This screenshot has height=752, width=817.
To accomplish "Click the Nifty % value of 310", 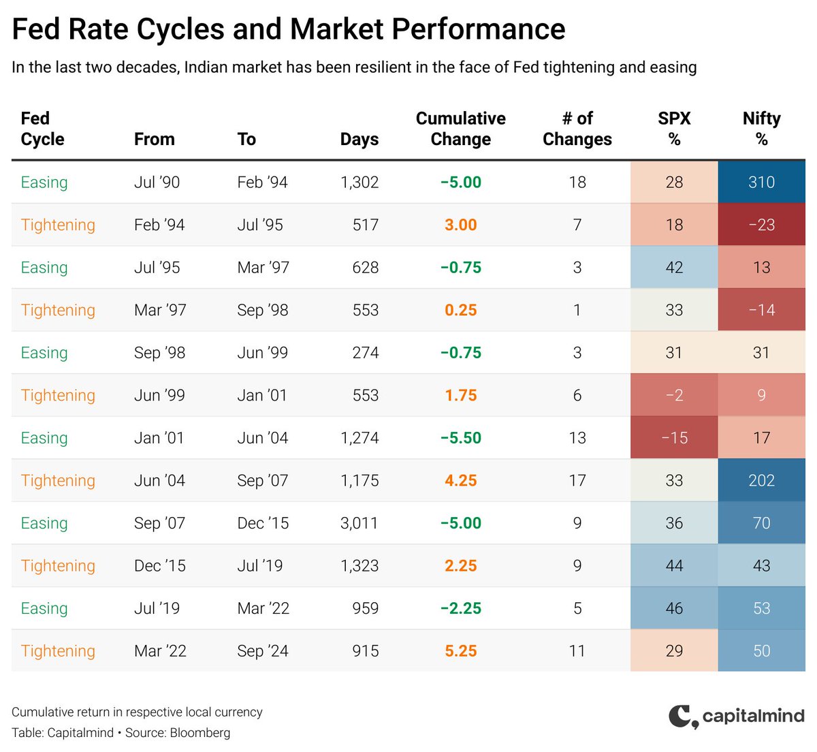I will (761, 182).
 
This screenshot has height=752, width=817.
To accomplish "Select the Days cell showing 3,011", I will (359, 523).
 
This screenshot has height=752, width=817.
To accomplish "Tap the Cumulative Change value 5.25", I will (460, 651).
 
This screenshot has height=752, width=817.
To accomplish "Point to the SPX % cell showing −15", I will (674, 438).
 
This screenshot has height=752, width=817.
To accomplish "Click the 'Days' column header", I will (359, 139).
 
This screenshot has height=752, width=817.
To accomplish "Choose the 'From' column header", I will (154, 139).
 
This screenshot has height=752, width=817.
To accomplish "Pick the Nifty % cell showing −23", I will (761, 225).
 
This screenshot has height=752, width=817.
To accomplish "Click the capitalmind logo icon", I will (683, 717).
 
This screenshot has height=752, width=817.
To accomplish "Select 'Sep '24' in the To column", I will (263, 651).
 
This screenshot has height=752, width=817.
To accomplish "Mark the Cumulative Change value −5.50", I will (460, 438).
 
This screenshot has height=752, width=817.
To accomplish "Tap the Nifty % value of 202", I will (761, 480).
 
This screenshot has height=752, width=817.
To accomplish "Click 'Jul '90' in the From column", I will (157, 182).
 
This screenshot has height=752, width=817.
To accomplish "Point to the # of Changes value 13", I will (577, 438).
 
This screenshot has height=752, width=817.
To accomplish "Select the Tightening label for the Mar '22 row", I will (58, 651).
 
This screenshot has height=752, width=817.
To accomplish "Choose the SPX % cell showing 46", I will (674, 608).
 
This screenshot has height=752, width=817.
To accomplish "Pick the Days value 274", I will (365, 353).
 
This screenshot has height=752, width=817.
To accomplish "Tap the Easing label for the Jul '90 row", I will (44, 182).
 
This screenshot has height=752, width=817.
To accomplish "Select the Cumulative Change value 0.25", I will (460, 310).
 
